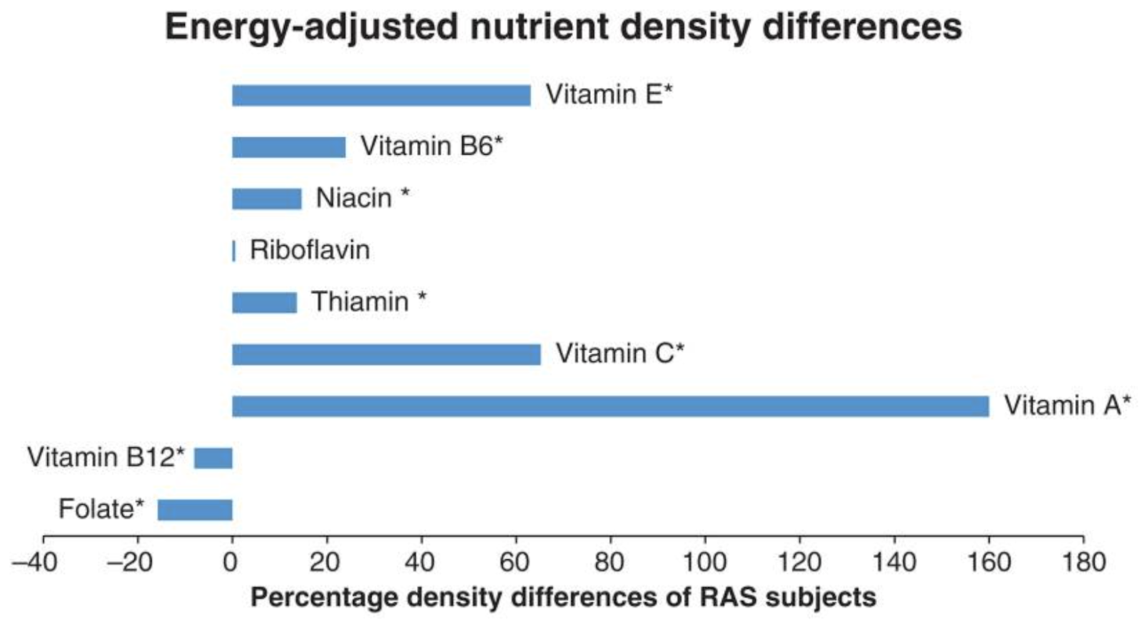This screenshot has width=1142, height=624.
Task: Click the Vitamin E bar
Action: tap(381, 95)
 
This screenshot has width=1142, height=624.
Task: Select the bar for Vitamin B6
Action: tap(288, 147)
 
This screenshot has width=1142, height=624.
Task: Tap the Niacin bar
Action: tap(266, 198)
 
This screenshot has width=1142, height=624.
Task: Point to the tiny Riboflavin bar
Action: tap(233, 251)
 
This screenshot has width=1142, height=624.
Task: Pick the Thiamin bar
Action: tap(264, 303)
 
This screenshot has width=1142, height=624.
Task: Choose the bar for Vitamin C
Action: tap(386, 354)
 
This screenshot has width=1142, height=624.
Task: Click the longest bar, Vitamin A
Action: tap(610, 406)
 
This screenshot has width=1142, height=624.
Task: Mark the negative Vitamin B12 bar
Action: tap(213, 458)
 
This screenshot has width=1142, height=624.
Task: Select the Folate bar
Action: tap(195, 510)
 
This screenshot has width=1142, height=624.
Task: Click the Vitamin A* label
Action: tap(1066, 406)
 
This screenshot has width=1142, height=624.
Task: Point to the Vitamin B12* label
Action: tap(106, 457)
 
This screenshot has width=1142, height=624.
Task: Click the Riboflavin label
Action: tap(310, 250)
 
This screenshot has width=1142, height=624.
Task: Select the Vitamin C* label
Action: tap(620, 353)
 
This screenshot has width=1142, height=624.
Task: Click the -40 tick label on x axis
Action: tap(35, 563)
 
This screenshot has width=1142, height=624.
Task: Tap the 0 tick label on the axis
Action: tap(231, 563)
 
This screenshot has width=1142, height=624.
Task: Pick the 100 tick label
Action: tap(704, 563)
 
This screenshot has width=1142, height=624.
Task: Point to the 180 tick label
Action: tap(1083, 563)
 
